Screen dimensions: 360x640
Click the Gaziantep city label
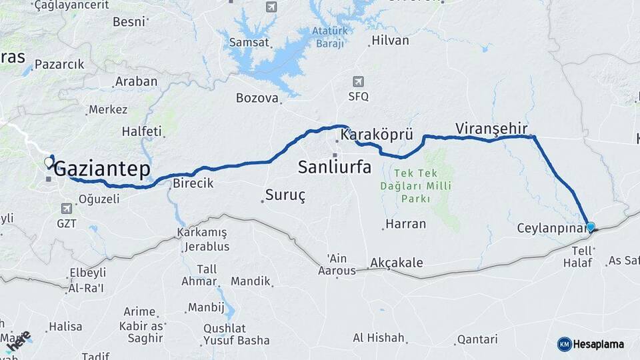click(x=101, y=169)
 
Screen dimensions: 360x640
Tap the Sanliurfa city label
click(x=335, y=167)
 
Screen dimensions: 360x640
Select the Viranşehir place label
click(x=491, y=128)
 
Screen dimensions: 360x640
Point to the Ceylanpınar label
click(x=551, y=228)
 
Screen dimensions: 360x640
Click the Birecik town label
click(x=193, y=183)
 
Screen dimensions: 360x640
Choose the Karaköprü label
click(x=377, y=135)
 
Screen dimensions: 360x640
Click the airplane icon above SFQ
click(x=358, y=82)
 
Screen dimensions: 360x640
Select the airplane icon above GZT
click(x=67, y=209)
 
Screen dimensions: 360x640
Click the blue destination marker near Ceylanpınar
click(x=590, y=227)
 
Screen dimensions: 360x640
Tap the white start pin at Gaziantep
click(x=49, y=162)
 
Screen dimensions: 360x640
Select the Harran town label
click(x=405, y=224)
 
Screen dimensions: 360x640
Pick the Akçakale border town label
click(x=396, y=263)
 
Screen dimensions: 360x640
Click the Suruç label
click(x=285, y=195)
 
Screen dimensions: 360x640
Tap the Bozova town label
click(x=257, y=98)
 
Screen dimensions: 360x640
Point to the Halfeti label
click(x=141, y=132)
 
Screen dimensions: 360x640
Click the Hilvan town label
click(x=390, y=41)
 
